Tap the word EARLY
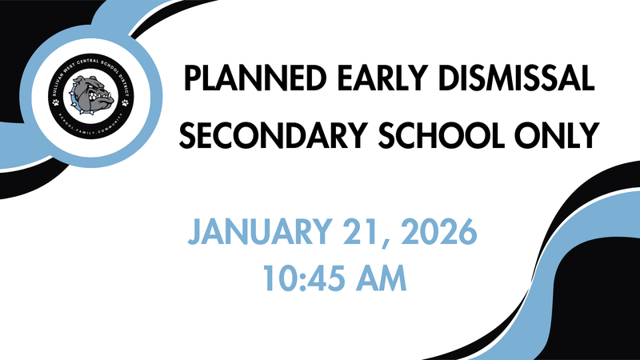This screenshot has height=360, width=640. click(x=369, y=80)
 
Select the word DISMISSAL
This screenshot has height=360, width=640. click(x=511, y=80)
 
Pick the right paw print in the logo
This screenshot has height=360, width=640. click(x=124, y=102)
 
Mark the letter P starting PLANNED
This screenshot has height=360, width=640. click(x=191, y=80)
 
